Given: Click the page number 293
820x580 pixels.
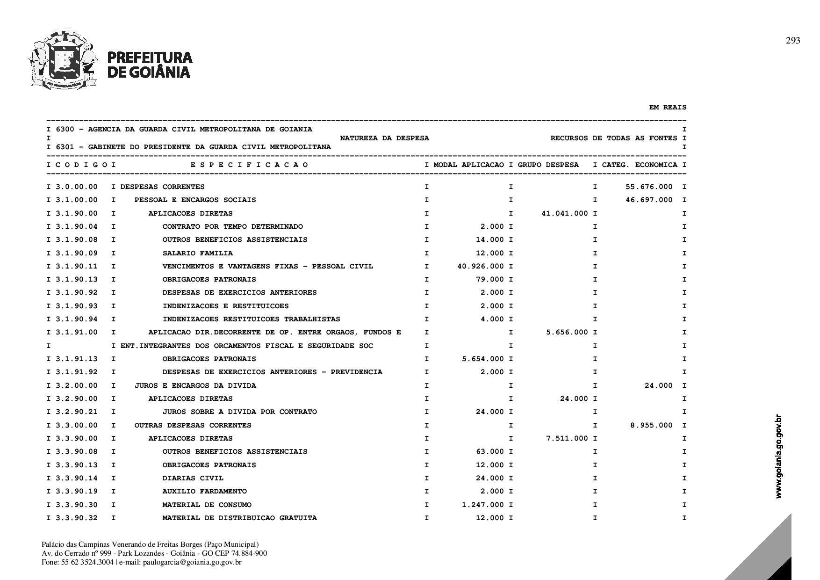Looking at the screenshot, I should (x=793, y=41).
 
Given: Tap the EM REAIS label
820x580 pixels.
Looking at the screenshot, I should (x=668, y=108).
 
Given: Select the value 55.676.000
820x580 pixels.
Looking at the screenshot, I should (x=649, y=187).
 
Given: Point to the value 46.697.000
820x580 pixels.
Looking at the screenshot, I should (x=649, y=200).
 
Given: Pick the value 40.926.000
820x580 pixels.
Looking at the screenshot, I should (x=480, y=266).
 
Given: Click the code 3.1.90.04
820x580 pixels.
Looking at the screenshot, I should (x=77, y=227).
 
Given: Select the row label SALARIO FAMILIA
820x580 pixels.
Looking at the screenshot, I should (x=197, y=253).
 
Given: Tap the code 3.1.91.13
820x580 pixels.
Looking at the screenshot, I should (x=77, y=359).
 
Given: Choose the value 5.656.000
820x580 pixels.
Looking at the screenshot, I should (x=567, y=333).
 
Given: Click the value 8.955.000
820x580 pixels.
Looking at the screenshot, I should (x=651, y=425).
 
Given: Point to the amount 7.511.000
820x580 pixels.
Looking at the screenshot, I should (x=567, y=438).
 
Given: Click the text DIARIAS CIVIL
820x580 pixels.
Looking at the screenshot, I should (x=193, y=478).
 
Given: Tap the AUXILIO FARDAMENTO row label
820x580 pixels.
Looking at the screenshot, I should (x=204, y=491).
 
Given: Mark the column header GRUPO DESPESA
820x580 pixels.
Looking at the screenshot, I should (x=548, y=165).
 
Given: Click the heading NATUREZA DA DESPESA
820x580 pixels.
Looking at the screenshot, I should (x=384, y=138).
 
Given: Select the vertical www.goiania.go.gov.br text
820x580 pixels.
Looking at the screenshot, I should (x=778, y=456).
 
